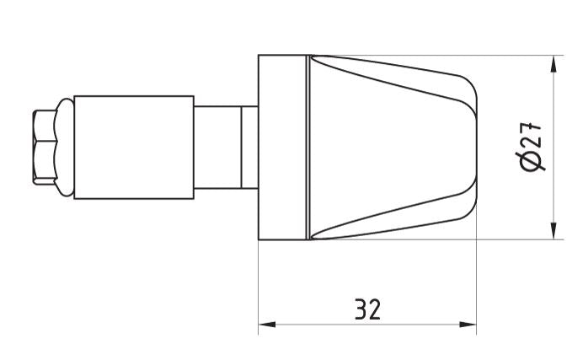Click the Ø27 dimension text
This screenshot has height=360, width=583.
click(532, 146)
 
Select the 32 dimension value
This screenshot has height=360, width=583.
click(366, 309)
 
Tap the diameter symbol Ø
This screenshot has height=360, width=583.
click(532, 160)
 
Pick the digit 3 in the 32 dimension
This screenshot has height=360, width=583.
click(360, 309)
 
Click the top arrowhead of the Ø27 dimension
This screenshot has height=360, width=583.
click(554, 64)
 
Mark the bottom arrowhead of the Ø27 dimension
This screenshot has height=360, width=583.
click(554, 232)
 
